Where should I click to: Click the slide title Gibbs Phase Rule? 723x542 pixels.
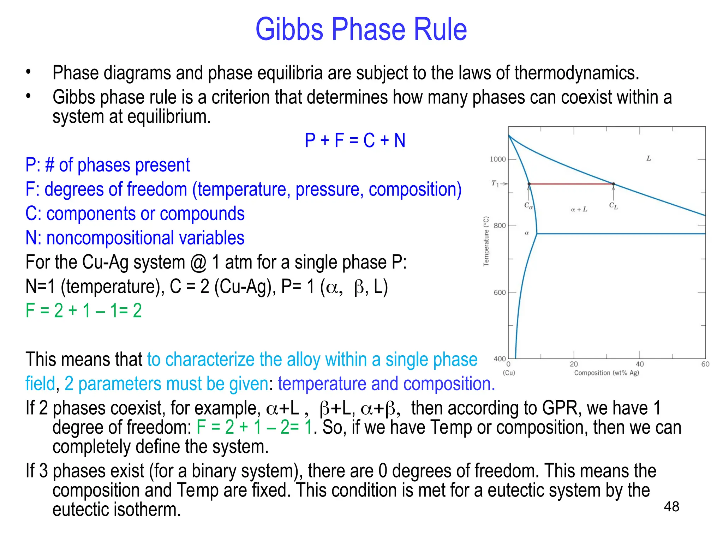(x=361, y=29)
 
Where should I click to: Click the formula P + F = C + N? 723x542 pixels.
(x=355, y=140)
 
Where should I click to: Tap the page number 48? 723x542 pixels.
(x=671, y=507)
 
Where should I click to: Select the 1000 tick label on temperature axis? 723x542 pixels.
(x=497, y=159)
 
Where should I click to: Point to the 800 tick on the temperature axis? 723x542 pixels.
(x=500, y=226)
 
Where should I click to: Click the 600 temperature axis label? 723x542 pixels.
(x=500, y=293)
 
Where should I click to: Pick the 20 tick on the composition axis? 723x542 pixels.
(x=574, y=364)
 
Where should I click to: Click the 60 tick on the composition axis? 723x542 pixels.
(x=705, y=364)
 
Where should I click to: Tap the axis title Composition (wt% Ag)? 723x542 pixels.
(x=607, y=373)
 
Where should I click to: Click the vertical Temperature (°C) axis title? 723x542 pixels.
(x=486, y=241)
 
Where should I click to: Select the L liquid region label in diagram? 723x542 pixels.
(x=649, y=158)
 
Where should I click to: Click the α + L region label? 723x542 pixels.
(x=579, y=209)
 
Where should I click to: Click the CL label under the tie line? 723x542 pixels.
(x=613, y=205)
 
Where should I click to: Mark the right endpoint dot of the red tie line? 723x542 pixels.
(x=614, y=184)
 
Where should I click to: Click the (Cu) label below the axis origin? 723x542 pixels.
(x=509, y=373)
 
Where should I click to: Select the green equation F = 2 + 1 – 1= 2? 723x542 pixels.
(x=84, y=311)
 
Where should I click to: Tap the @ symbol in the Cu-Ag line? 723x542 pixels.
(x=198, y=263)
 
